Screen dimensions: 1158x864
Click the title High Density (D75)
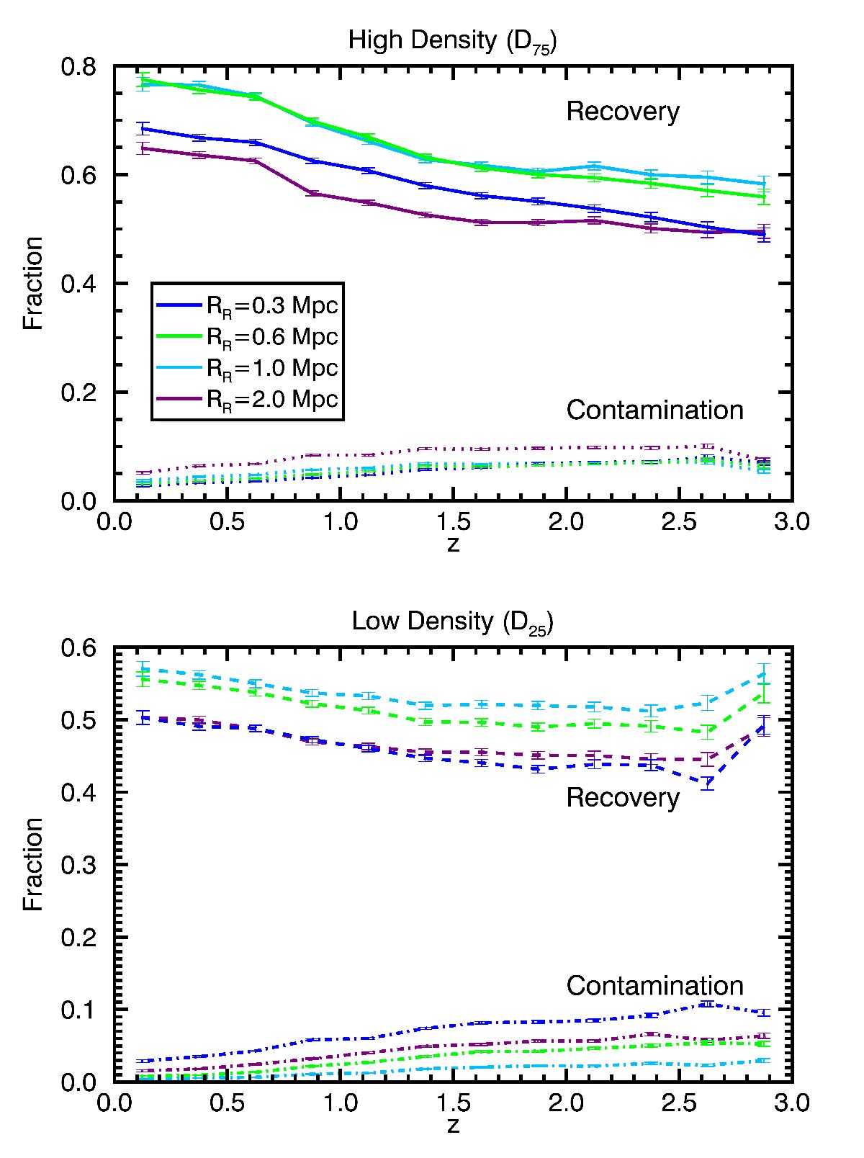(453, 41)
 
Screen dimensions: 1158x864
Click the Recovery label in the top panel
(623, 112)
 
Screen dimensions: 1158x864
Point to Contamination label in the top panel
(654, 410)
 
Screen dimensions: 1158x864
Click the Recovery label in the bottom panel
(623, 798)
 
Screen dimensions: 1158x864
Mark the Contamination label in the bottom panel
(654, 986)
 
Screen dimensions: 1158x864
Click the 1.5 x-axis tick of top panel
(453, 521)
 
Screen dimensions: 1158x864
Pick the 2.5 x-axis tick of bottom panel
(679, 1103)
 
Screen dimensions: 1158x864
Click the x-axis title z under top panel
(453, 544)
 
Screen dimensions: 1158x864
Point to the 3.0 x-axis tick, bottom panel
(792, 1103)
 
